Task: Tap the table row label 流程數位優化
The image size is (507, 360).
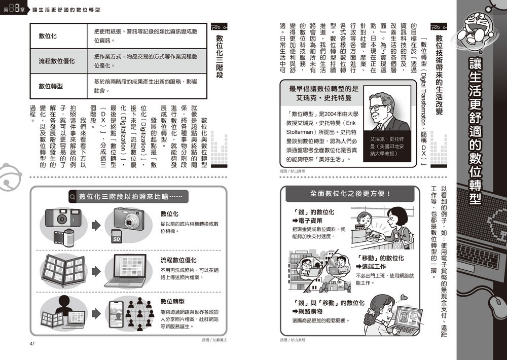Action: tap(57, 61)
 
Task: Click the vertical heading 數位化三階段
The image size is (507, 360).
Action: tap(220, 56)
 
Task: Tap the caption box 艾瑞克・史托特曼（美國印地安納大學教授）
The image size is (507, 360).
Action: tap(389, 146)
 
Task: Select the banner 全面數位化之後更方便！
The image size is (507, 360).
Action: tap(350, 194)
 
